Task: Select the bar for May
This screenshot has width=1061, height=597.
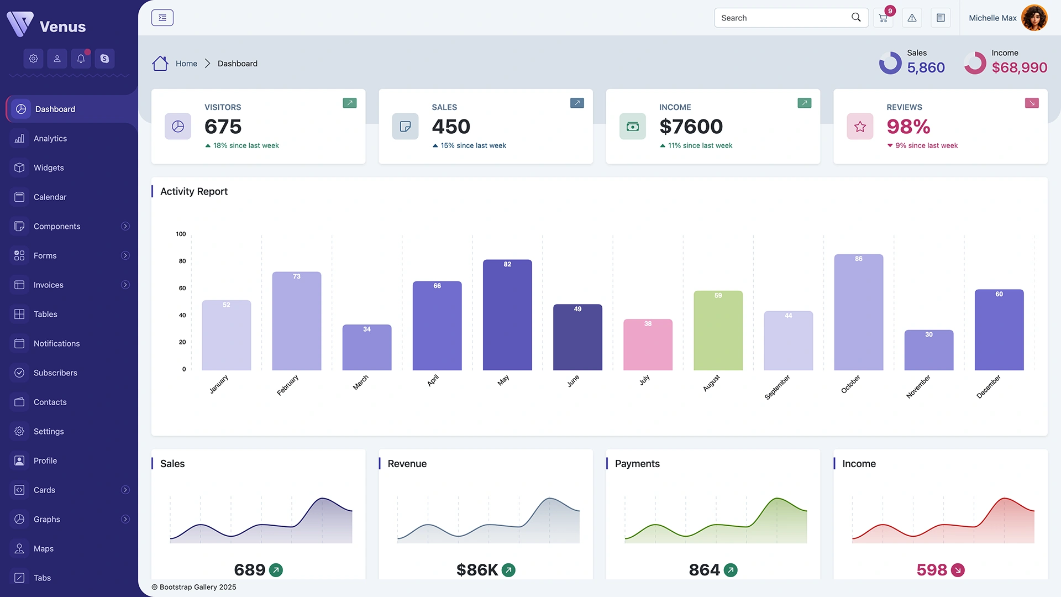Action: (507, 315)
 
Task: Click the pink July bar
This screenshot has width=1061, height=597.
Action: (648, 345)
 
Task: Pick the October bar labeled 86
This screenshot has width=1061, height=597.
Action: (858, 312)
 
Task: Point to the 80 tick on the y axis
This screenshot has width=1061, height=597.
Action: (182, 261)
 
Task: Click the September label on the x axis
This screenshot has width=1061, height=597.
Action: (777, 387)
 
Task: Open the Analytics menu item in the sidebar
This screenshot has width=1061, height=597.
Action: (50, 138)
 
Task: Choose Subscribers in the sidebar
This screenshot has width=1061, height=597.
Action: (55, 373)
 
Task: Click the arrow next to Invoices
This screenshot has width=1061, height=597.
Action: (125, 285)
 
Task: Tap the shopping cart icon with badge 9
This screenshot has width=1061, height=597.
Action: (883, 18)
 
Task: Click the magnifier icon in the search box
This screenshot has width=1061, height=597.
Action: (856, 17)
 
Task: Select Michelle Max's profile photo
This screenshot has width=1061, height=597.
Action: (1034, 18)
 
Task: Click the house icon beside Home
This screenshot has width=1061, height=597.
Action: (160, 64)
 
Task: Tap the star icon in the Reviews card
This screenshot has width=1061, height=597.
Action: (860, 127)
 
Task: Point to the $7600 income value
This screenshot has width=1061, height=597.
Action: (691, 127)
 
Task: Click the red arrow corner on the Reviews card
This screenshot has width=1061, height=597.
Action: (1031, 103)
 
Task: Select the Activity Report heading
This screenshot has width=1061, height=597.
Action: (194, 191)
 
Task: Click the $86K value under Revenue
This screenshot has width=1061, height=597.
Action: (477, 569)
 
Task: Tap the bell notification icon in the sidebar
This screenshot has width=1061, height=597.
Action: (81, 59)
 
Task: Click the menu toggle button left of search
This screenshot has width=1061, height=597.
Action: (162, 18)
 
